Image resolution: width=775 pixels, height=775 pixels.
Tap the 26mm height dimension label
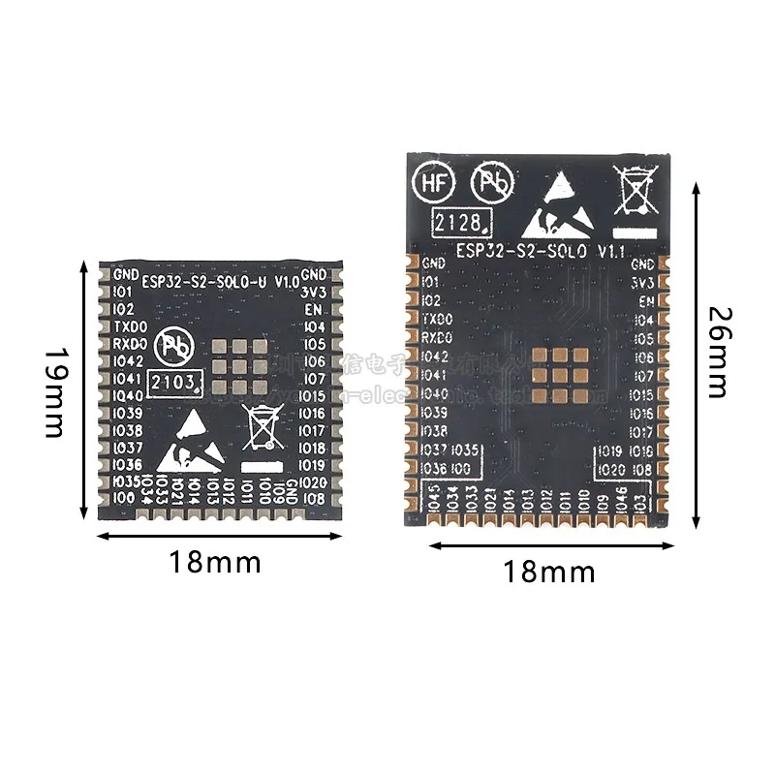coord(718,352)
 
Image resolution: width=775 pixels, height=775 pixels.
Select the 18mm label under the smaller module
coord(215,561)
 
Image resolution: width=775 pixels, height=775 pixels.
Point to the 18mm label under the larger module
coord(549,572)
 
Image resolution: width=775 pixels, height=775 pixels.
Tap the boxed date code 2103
coord(175,379)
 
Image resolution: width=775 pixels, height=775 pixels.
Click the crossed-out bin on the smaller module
coord(262,427)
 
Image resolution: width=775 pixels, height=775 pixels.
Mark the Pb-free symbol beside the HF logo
coord(491,182)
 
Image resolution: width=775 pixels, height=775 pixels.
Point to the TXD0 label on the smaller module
coord(130,326)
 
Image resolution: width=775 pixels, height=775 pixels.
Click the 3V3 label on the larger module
coord(642,282)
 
